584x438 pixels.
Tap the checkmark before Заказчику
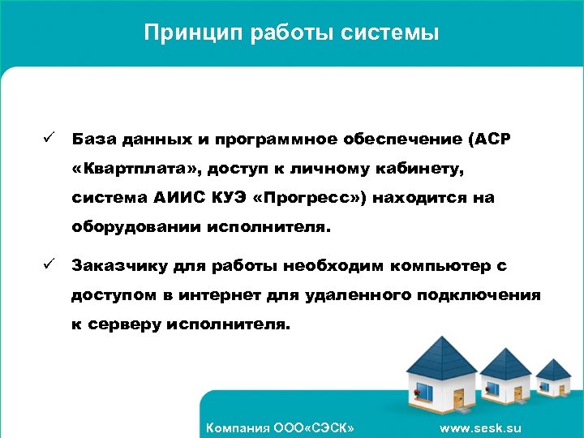pyautogui.click(x=49, y=264)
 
